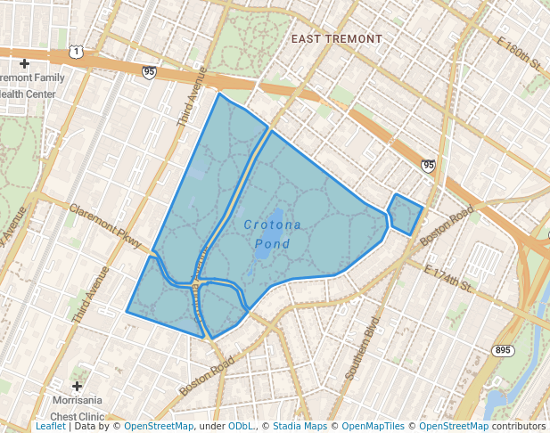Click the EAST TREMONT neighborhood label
pyautogui.click(x=337, y=39)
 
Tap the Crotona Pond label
pyautogui.click(x=273, y=234)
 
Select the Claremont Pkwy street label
pyautogui.click(x=104, y=225)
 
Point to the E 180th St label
pyautogui.click(x=521, y=55)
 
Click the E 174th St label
pyautogui.click(x=447, y=278)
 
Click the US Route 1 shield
pyautogui.click(x=78, y=53)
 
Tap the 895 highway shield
pyautogui.click(x=504, y=350)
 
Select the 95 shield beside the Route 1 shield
pyautogui.click(x=148, y=71)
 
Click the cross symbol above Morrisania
pyautogui.click(x=77, y=386)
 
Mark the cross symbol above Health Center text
pyautogui.click(x=24, y=63)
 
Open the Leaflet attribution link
pyautogui.click(x=50, y=427)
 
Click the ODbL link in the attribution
pyautogui.click(x=241, y=427)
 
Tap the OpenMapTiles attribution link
pyautogui.click(x=374, y=427)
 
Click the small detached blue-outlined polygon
pyautogui.click(x=405, y=213)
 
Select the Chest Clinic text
pyautogui.click(x=77, y=416)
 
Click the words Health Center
pyautogui.click(x=30, y=93)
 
